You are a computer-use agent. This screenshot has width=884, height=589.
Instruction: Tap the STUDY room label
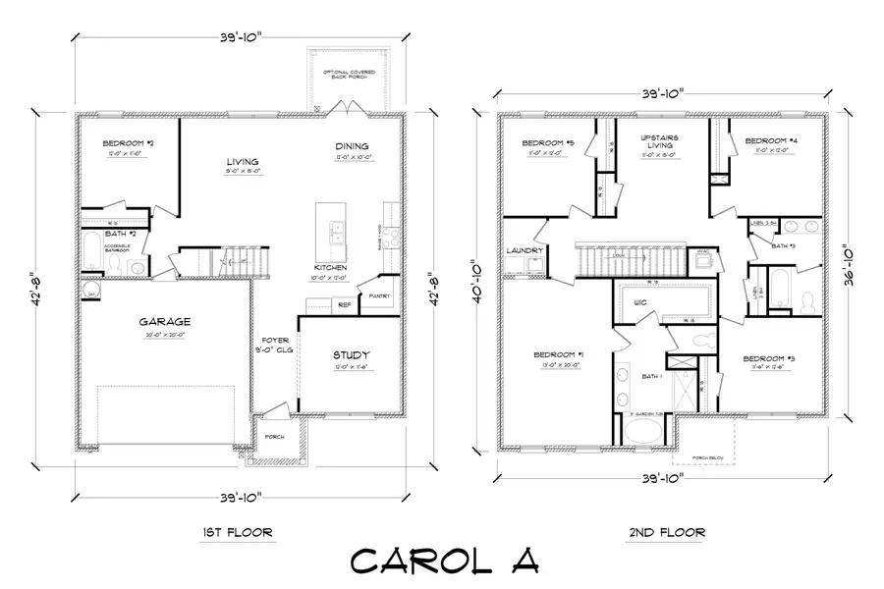pos(351,355)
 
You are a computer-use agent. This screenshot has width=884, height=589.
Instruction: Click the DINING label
pos(351,146)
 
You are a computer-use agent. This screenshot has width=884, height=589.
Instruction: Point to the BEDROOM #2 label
pos(127,144)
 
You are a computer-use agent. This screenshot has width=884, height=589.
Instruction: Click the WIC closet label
pos(639,301)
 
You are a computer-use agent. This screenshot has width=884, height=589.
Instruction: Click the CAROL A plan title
pos(444,561)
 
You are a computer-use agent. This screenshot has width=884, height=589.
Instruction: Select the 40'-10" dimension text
pos(477,284)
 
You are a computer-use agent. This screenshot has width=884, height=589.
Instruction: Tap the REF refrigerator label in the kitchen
pos(344,304)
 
